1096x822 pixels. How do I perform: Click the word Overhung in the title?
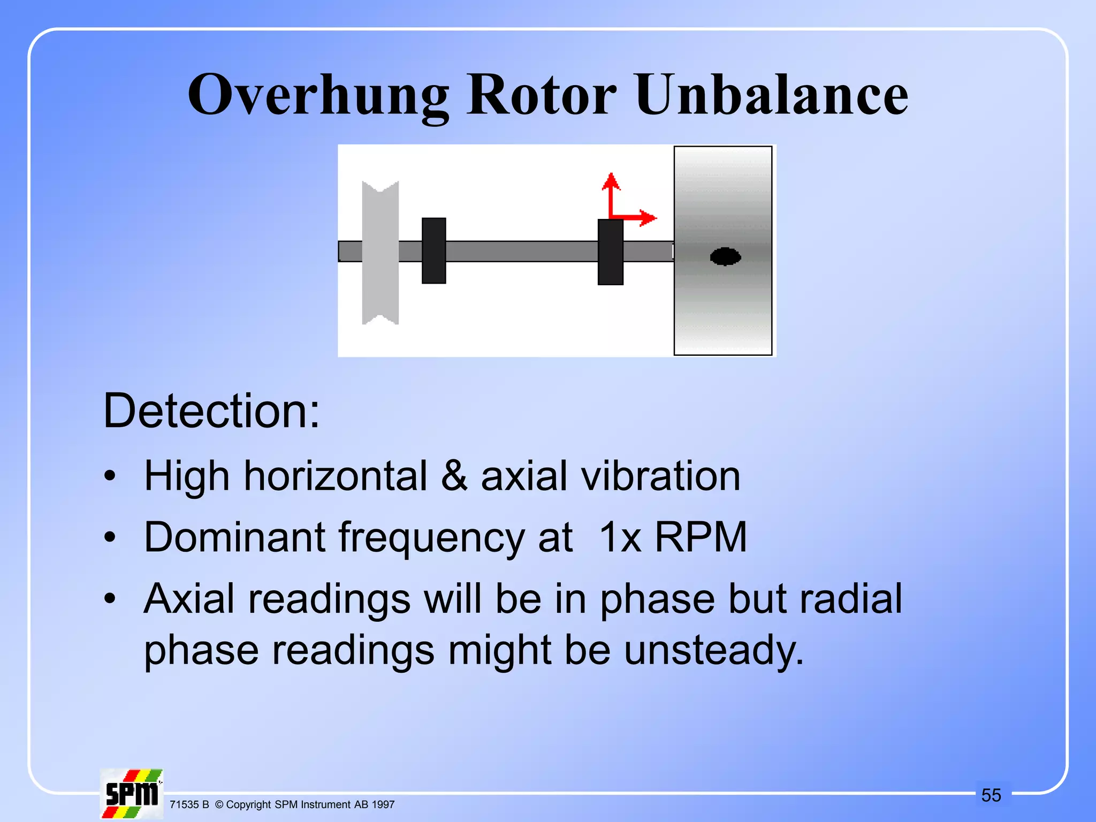318,95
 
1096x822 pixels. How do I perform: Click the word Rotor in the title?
541,95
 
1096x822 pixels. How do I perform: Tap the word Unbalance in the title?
771,95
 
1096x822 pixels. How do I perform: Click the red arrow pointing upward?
611,193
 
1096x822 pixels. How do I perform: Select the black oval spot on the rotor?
725,257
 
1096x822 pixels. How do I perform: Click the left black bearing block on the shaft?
433,250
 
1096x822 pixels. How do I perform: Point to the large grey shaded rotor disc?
722,310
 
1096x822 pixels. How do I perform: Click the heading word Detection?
211,411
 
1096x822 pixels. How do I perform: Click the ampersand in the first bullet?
454,476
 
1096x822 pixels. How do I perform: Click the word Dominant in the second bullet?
234,537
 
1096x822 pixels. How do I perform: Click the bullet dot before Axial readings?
110,598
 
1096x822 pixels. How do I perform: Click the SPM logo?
132,794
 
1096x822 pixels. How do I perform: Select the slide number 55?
991,795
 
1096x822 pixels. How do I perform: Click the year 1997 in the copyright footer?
383,804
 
